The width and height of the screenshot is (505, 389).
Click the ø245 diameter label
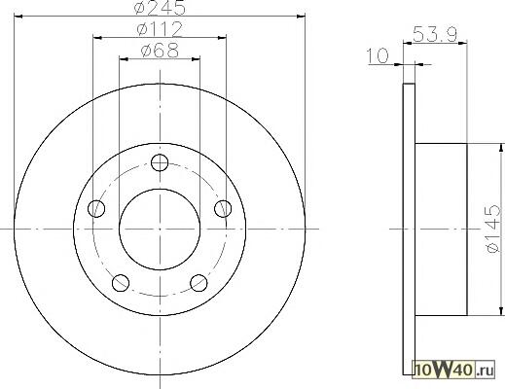tap(160, 7)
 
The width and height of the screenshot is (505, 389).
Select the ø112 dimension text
tap(160, 29)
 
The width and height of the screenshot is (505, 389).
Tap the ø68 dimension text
tap(160, 51)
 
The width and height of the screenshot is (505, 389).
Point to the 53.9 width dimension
tap(435, 34)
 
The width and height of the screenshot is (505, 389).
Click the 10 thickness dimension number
tap(378, 55)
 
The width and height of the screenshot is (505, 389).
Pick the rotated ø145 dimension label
tap(493, 229)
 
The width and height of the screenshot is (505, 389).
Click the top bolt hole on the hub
tap(160, 162)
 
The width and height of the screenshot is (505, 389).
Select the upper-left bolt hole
tap(96, 208)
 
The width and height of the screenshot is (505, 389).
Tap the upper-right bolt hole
tap(223, 208)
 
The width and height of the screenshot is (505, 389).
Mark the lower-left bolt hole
tap(121, 283)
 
